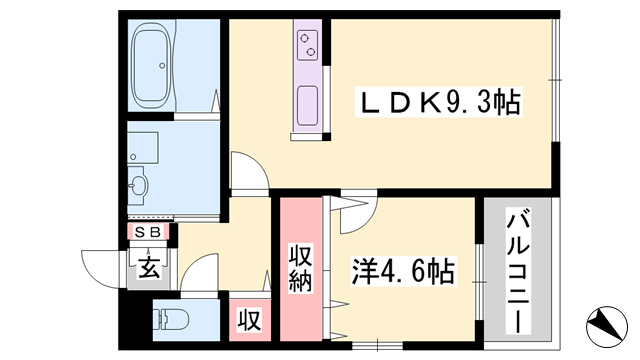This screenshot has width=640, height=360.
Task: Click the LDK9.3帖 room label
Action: click(x=439, y=102)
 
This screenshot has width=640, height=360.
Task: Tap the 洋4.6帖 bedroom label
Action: click(x=403, y=271)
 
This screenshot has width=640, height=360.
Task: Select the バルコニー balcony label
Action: click(x=518, y=270)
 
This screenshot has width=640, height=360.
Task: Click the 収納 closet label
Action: click(x=301, y=269)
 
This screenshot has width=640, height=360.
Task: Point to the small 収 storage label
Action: click(x=250, y=320)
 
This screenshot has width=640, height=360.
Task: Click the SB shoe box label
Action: click(x=148, y=232)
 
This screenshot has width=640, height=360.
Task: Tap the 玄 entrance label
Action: click(x=149, y=268)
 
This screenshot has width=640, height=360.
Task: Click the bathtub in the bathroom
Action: click(x=153, y=64)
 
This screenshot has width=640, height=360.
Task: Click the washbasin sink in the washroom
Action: click(x=138, y=186)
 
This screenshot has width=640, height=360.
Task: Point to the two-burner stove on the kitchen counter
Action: click(x=307, y=45)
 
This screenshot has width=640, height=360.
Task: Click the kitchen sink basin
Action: click(x=307, y=106)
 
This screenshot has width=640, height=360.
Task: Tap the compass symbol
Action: click(x=607, y=327)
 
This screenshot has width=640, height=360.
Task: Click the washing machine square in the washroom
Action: click(x=143, y=147)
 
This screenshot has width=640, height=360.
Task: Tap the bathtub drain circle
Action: click(x=162, y=65)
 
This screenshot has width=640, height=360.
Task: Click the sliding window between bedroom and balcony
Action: click(x=480, y=282)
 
